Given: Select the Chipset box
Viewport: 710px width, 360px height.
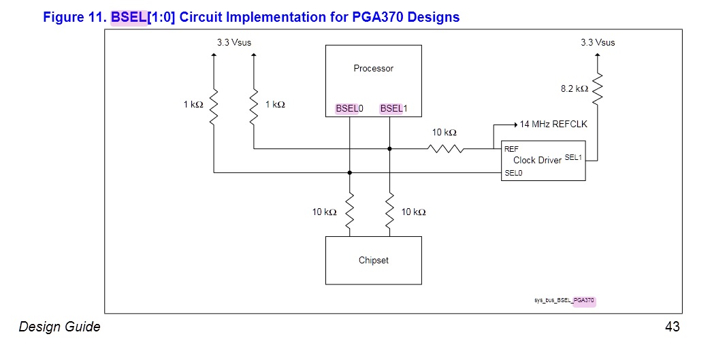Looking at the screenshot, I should click(373, 260).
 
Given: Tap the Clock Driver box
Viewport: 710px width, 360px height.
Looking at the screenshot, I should click(543, 161).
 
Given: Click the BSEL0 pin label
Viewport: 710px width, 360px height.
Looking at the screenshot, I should click(350, 109).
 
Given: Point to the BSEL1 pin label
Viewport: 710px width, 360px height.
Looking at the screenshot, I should click(393, 109).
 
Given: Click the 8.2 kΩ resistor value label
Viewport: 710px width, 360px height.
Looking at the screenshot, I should click(575, 88).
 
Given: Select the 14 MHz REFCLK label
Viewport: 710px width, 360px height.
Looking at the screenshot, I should click(553, 125).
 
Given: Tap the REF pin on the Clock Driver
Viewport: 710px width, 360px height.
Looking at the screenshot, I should click(511, 148).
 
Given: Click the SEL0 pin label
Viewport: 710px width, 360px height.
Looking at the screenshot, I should click(513, 173).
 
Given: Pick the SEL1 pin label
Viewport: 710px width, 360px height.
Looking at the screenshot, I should click(574, 157).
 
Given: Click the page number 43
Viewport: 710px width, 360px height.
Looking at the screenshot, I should click(672, 327).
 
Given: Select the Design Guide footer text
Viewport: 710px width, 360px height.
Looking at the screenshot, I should click(60, 327).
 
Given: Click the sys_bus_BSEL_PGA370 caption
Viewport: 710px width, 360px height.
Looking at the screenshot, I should click(564, 300).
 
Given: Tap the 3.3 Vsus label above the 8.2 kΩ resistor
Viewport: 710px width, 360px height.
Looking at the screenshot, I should click(597, 42).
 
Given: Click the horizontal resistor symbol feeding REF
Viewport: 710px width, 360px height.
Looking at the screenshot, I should click(446, 148).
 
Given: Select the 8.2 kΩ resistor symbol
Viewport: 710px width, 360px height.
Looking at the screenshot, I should click(597, 89).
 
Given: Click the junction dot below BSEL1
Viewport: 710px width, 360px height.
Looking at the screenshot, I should click(389, 148).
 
